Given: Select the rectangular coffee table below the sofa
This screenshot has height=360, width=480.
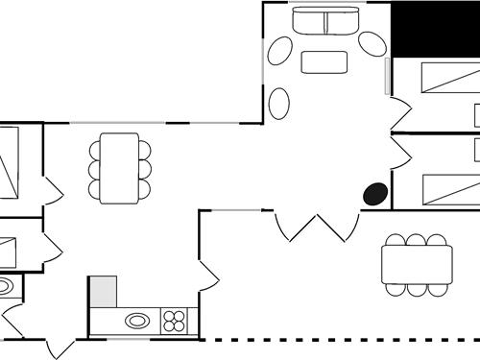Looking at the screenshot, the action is (x=324, y=62).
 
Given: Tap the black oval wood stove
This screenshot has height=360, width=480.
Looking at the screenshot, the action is (x=375, y=194).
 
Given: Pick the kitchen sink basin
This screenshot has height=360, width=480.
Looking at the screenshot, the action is (x=138, y=321).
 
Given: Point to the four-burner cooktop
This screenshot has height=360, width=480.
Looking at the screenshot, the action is (x=174, y=321).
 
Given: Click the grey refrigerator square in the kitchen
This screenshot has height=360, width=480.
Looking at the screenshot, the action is (x=103, y=291).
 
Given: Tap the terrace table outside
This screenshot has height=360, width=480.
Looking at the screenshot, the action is (x=417, y=263).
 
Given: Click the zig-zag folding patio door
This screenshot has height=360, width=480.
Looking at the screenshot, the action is (x=311, y=228).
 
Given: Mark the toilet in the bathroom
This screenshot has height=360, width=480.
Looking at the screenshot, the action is (x=6, y=286).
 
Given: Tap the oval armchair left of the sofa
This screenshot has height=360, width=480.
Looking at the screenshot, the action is (x=280, y=50).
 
